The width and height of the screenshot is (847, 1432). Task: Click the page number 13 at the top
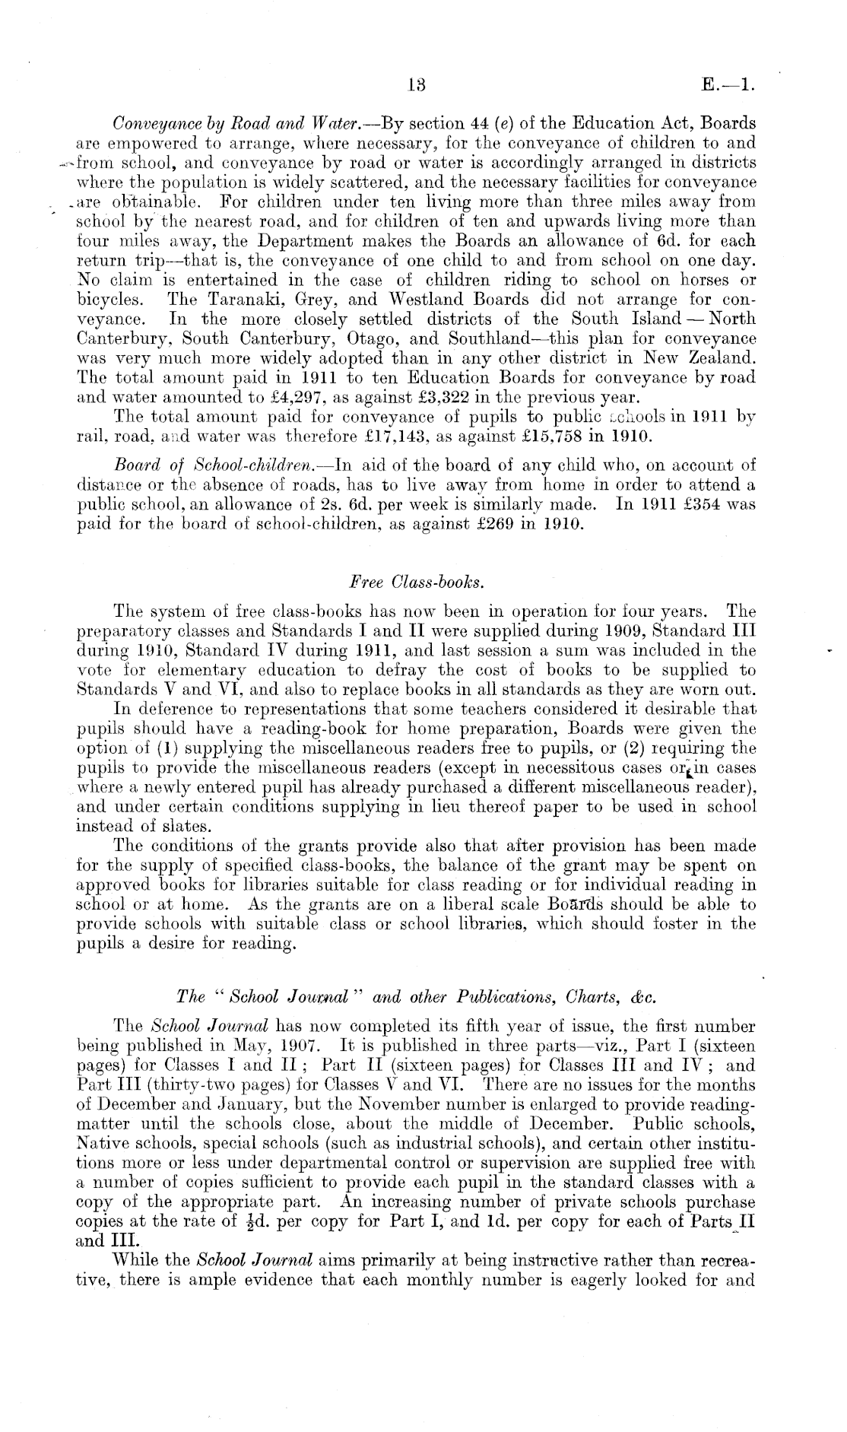pos(415,85)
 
